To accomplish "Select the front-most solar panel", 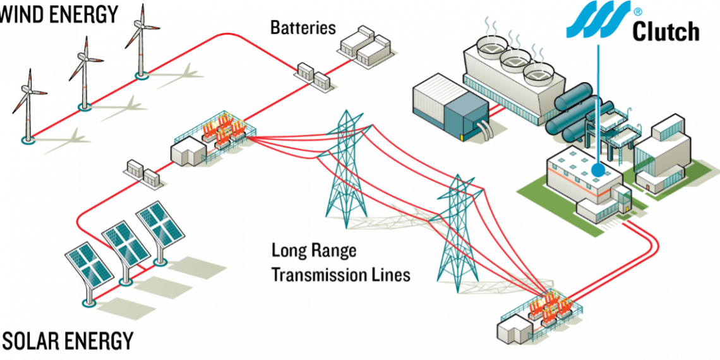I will point(89,265).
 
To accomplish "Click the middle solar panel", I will point(126,243).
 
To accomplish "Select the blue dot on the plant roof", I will point(597,170).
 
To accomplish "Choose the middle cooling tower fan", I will point(513,58).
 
